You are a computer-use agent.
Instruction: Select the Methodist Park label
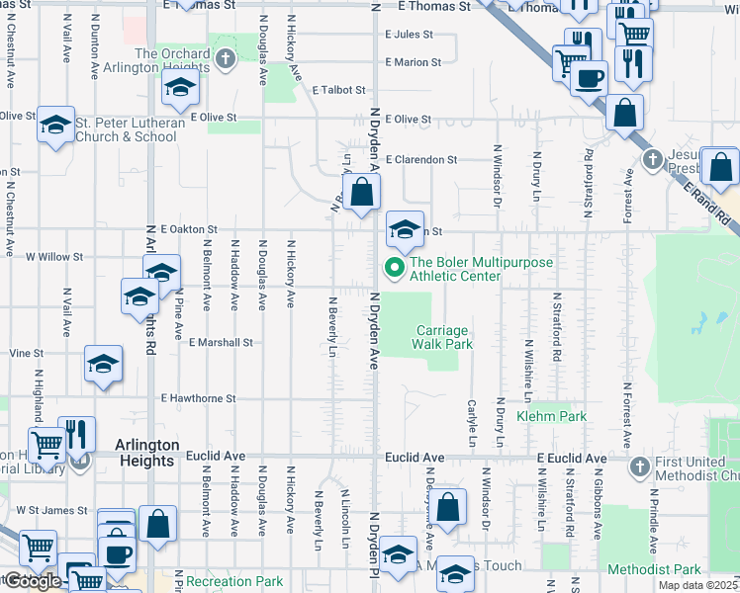tap(654, 569)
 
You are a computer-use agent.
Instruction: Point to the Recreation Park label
tap(234, 581)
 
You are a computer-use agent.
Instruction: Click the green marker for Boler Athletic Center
tap(394, 268)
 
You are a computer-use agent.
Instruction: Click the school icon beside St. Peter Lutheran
tap(55, 125)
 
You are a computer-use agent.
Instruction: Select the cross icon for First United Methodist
tap(639, 466)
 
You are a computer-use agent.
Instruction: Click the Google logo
tap(32, 580)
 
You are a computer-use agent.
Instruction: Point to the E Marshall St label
tap(221, 342)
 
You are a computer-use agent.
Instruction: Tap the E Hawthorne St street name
tap(198, 398)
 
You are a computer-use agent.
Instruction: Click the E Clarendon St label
tap(421, 159)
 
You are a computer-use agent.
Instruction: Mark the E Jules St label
tap(410, 34)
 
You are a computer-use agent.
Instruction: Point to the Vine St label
tap(27, 352)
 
